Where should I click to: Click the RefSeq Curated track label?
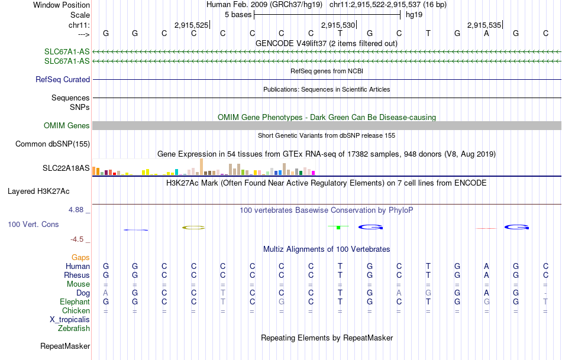click(63, 79)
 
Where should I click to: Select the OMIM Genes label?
click(67, 125)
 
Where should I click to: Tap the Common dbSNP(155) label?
click(53, 144)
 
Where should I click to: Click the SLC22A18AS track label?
click(66, 168)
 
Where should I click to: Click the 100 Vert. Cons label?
click(33, 225)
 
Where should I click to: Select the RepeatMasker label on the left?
click(65, 346)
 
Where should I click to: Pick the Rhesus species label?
click(77, 275)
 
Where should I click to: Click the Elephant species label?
click(75, 301)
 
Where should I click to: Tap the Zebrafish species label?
click(75, 328)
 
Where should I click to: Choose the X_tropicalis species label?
click(70, 319)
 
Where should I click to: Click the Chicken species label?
click(76, 310)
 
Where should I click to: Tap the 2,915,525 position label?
click(192, 25)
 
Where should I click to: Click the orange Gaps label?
click(80, 257)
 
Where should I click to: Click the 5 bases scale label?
click(238, 14)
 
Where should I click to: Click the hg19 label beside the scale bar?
click(414, 14)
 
